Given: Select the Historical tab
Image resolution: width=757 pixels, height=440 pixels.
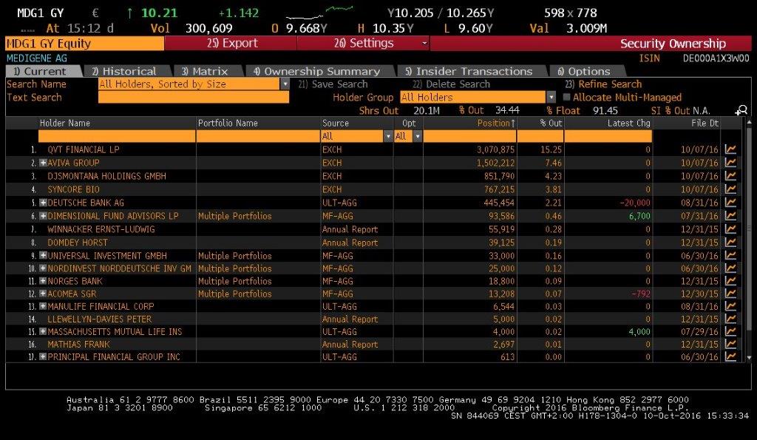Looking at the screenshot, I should pos(123,72).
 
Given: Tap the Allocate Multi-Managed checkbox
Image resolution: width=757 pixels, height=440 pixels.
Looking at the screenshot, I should pos(567,98).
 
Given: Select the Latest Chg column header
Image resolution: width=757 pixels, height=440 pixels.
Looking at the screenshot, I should pos(629,123).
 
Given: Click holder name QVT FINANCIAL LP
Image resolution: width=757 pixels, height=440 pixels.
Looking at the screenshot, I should pos(83,149).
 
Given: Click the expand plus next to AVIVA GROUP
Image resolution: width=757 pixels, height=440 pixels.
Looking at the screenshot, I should pos(43,163).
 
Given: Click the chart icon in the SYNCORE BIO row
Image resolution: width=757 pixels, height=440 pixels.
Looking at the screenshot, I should pos(731,189).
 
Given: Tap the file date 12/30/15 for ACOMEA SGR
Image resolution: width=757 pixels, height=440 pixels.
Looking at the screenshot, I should pos(699,294).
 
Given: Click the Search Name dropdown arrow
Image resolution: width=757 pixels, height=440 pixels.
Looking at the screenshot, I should pos(285,84).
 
